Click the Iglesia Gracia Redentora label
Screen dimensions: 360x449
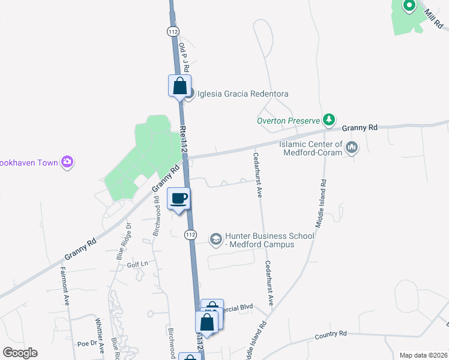[244, 94]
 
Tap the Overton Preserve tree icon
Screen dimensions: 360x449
[329, 120]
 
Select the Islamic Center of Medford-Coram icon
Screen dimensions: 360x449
[352, 148]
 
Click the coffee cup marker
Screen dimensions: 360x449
[179, 199]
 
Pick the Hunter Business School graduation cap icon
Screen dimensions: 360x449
[215, 240]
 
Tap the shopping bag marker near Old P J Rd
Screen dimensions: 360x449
[179, 86]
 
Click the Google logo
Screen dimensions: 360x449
[19, 353]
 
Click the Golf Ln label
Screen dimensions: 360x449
[137, 264]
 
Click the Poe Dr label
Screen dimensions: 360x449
[86, 344]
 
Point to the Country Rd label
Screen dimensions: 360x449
[331, 334]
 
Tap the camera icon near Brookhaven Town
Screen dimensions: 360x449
[68, 162]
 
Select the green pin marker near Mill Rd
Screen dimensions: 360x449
[409, 7]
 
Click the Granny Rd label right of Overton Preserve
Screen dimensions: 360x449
[360, 128]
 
